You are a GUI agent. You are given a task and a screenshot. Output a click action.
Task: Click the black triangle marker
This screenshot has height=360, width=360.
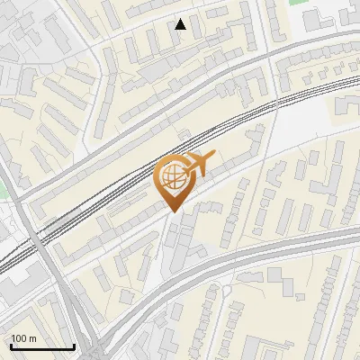(x=181, y=24)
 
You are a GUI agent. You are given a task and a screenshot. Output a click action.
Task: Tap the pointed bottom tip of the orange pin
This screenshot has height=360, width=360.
(x=173, y=211)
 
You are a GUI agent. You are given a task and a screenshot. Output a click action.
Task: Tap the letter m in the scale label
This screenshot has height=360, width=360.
(x=33, y=338)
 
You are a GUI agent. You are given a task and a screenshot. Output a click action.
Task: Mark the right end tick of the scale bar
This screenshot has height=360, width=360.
(x=74, y=346)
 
